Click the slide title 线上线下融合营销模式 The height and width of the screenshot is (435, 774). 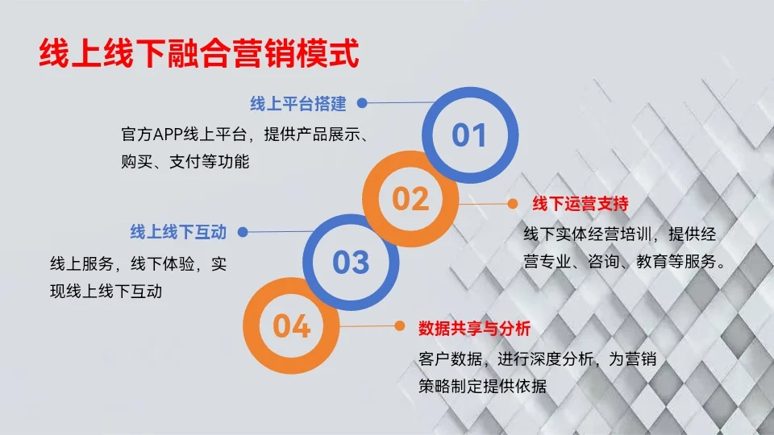click(x=198, y=55)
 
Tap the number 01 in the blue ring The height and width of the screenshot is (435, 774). click(x=469, y=135)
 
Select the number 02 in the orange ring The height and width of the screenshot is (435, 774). click(x=410, y=198)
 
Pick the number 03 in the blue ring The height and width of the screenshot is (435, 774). click(x=351, y=262)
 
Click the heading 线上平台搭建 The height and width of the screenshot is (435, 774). click(x=298, y=104)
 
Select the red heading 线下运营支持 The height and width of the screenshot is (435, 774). click(x=580, y=204)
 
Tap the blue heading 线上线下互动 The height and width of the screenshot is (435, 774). click(x=178, y=232)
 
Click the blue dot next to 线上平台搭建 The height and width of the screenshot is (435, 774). click(x=362, y=103)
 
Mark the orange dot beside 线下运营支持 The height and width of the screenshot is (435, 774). click(x=511, y=204)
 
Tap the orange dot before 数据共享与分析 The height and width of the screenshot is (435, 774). click(x=399, y=326)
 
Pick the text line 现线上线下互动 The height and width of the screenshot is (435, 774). click(x=106, y=291)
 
